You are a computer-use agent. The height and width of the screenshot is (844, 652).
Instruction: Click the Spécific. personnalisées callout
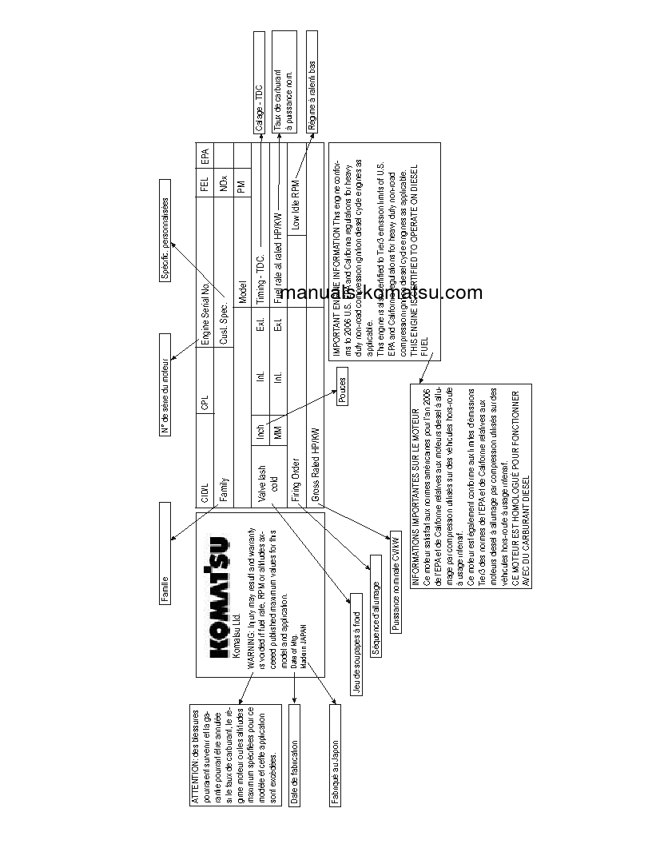pos(165,239)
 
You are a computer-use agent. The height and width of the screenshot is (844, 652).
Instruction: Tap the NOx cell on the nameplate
pos(224,180)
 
